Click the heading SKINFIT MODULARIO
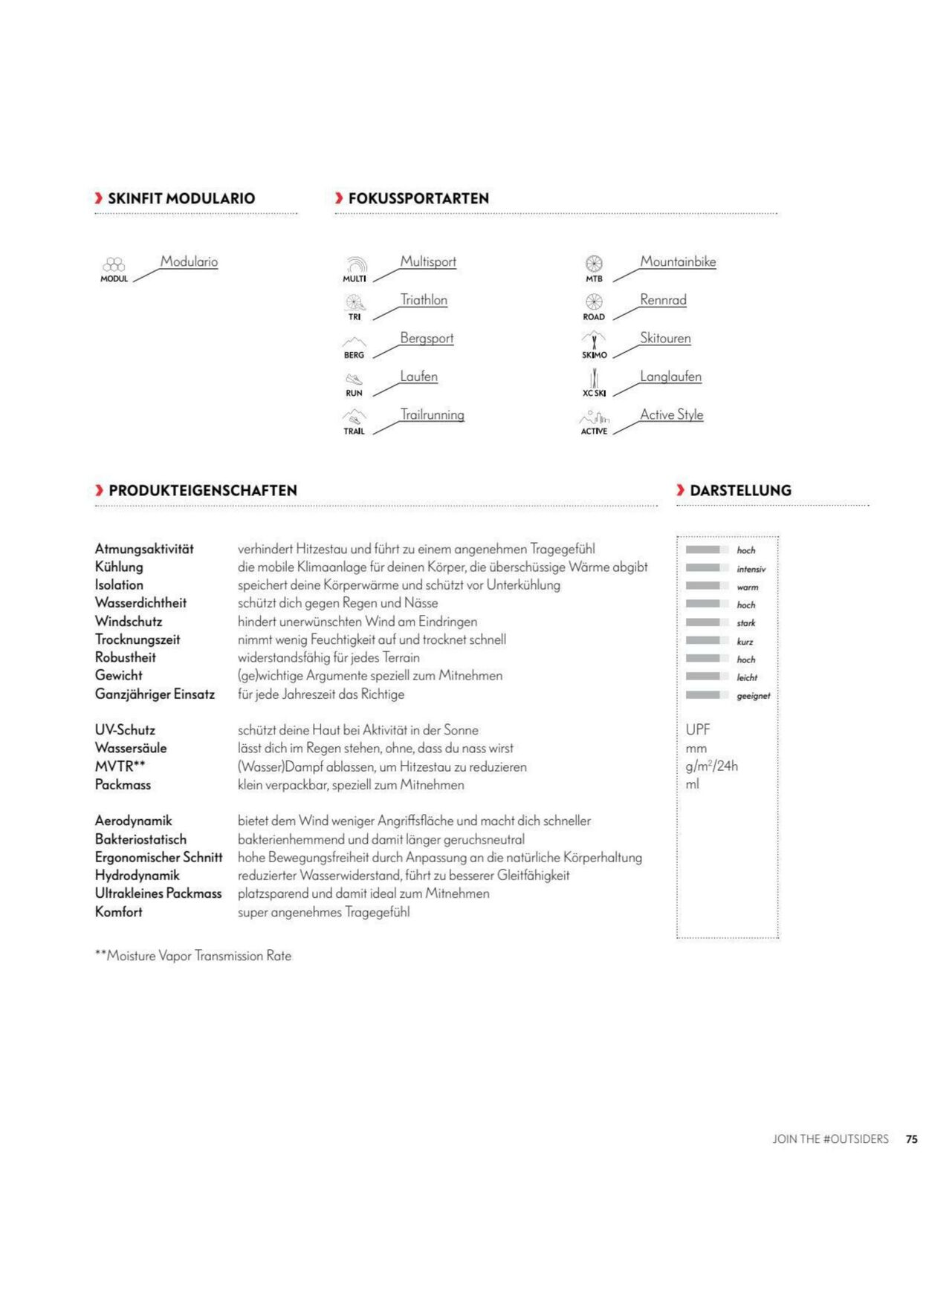click(x=181, y=198)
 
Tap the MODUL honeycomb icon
click(x=114, y=265)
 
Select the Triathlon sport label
click(x=424, y=300)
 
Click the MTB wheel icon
click(x=594, y=264)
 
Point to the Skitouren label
click(x=665, y=339)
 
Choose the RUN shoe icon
click(x=354, y=379)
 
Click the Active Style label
click(x=671, y=415)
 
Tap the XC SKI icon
click(x=594, y=379)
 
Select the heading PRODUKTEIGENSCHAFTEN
click(x=202, y=490)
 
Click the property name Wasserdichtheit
click(x=140, y=603)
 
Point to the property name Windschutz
click(x=128, y=622)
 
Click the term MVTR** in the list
click(x=120, y=766)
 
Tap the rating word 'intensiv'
click(x=751, y=570)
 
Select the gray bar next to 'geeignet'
click(x=707, y=695)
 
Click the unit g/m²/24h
click(x=711, y=766)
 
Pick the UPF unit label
click(x=698, y=730)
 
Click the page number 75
click(x=911, y=1139)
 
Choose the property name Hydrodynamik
click(x=137, y=876)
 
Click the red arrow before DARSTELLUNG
click(x=681, y=490)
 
